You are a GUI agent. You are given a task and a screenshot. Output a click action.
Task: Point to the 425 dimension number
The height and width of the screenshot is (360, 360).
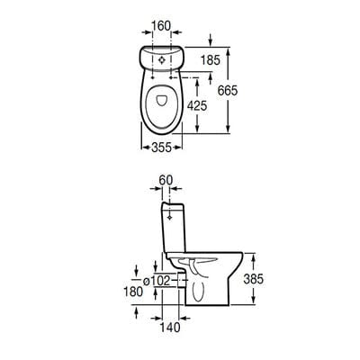pyautogui.click(x=210, y=106)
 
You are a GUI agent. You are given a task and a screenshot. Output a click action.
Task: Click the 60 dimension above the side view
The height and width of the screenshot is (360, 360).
pyautogui.click(x=165, y=181)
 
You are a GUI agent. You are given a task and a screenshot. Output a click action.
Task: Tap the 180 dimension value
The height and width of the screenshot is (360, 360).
pyautogui.click(x=134, y=292)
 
